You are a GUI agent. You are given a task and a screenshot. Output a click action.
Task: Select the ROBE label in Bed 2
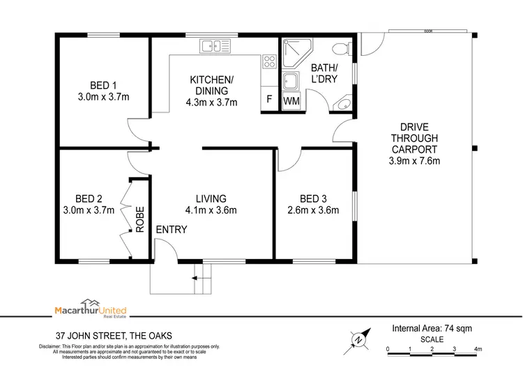pos(140,219)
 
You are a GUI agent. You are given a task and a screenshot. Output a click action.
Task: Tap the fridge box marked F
pos(269,101)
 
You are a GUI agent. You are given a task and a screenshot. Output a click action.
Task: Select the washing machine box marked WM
pos(291,101)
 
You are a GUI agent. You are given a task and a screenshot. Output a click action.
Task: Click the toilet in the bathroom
pos(340,49)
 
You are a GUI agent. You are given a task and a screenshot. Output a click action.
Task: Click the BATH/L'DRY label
pos(324,73)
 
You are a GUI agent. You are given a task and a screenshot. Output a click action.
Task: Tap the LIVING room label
pos(211,198)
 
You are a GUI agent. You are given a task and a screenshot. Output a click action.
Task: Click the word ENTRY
pos(171,230)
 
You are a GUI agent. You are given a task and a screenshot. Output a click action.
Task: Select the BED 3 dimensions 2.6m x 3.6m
pos(313,210)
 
